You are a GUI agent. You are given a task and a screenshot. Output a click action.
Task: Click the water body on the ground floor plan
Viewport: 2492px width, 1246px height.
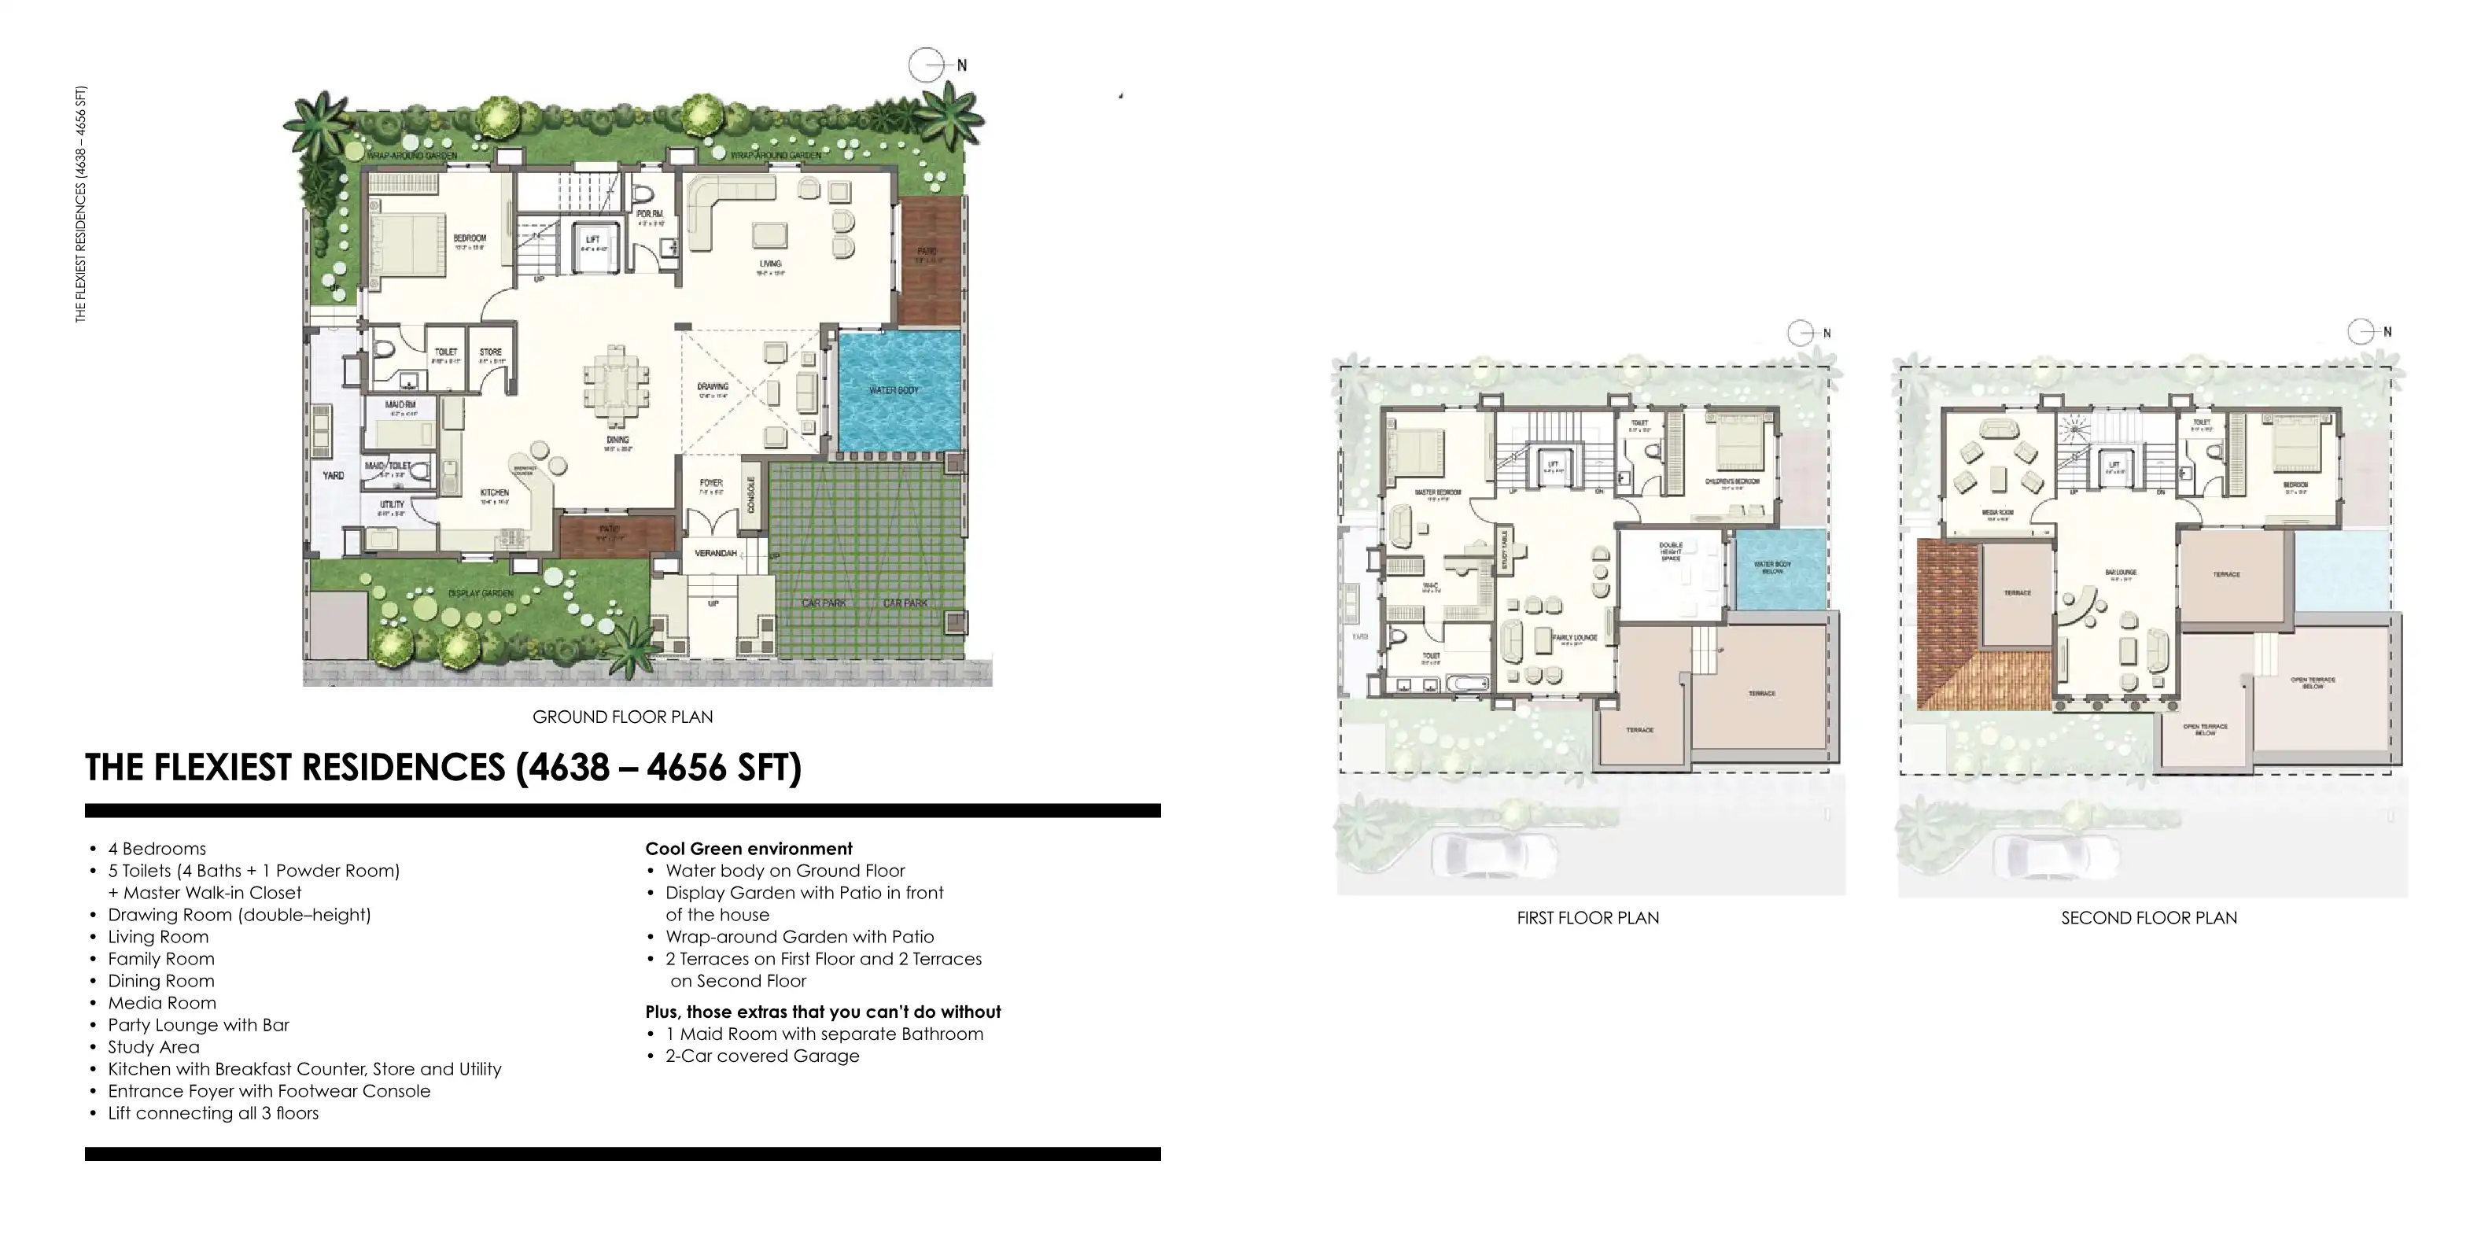pyautogui.click(x=898, y=391)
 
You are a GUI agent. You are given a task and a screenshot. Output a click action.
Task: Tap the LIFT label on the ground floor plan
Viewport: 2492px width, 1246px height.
pyautogui.click(x=593, y=240)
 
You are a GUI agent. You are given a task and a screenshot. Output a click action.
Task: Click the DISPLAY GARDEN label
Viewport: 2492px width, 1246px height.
pyautogui.click(x=481, y=593)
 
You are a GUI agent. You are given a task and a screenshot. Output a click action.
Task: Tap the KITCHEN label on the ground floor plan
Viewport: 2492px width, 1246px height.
pyautogui.click(x=494, y=493)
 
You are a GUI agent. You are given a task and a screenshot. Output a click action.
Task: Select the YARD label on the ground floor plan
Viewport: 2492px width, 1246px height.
pyautogui.click(x=333, y=476)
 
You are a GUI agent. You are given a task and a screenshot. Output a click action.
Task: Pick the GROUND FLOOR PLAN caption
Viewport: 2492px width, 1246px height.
pyautogui.click(x=622, y=717)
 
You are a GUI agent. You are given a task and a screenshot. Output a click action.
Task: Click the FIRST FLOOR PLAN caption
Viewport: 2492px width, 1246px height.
pyautogui.click(x=1587, y=918)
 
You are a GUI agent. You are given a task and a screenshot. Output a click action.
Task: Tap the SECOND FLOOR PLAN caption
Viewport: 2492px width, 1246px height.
pyautogui.click(x=2148, y=918)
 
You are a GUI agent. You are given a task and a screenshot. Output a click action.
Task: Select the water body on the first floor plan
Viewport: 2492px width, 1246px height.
pyautogui.click(x=1780, y=568)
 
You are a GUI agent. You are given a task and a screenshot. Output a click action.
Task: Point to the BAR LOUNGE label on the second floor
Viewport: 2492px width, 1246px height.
pyautogui.click(x=2121, y=573)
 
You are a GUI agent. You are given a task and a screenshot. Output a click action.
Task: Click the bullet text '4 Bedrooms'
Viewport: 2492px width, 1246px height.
pyautogui.click(x=157, y=849)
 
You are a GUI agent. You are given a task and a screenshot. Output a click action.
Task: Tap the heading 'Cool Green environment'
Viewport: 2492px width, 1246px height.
pyautogui.click(x=749, y=849)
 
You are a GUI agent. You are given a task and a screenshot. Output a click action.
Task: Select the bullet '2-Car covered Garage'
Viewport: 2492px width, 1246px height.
pyautogui.click(x=761, y=1056)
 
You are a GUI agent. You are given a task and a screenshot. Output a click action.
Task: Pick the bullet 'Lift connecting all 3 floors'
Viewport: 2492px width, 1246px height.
pyautogui.click(x=213, y=1112)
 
